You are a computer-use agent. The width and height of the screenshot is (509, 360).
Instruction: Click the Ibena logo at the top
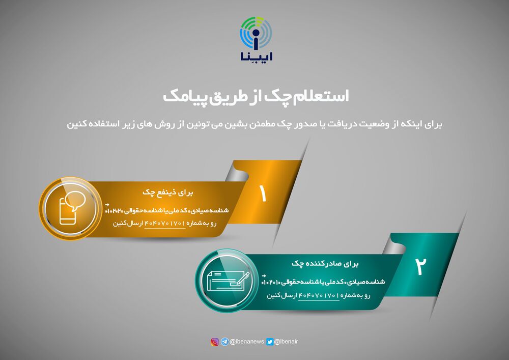pyautogui.click(x=256, y=39)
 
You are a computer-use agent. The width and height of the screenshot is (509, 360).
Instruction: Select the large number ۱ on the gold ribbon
pyautogui.click(x=263, y=194)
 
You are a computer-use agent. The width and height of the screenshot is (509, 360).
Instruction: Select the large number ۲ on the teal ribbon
pyautogui.click(x=420, y=266)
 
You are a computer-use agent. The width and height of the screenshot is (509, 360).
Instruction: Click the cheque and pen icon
pyautogui.click(x=228, y=281)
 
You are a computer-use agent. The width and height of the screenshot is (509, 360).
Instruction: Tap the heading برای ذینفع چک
pyautogui.click(x=168, y=192)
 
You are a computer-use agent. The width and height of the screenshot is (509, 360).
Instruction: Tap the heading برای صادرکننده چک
pyautogui.click(x=325, y=264)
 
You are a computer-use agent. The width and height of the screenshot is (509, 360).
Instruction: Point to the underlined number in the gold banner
pyautogui.click(x=165, y=224)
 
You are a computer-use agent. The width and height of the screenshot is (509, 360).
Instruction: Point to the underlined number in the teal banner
pyautogui.click(x=319, y=295)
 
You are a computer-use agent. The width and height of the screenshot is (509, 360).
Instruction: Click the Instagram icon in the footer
pyautogui.click(x=215, y=342)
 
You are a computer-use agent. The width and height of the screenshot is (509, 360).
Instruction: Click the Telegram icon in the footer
pyautogui.click(x=225, y=342)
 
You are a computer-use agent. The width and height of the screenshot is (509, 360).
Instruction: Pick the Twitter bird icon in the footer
pyautogui.click(x=270, y=342)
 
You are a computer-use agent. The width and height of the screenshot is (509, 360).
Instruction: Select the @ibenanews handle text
pyautogui.click(x=247, y=342)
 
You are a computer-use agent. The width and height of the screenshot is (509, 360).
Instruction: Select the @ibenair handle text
pyautogui.click(x=286, y=342)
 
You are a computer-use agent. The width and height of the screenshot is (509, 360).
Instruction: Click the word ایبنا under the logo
pyautogui.click(x=256, y=56)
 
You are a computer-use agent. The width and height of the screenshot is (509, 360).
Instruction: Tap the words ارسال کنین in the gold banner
pyautogui.click(x=128, y=224)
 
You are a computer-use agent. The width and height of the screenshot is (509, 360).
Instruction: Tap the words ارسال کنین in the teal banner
pyautogui.click(x=282, y=295)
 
